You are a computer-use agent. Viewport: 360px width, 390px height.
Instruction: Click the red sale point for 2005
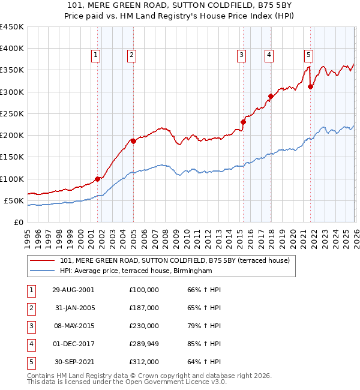(133, 141)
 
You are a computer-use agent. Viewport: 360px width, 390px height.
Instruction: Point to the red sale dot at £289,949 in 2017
(271, 96)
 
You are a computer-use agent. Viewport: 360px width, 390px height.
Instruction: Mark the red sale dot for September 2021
(311, 86)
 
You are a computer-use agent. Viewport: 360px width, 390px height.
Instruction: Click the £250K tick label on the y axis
(12, 113)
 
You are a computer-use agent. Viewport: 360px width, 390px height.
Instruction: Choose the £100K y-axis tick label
(12, 179)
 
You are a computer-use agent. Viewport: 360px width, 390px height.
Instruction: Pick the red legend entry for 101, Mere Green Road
(175, 260)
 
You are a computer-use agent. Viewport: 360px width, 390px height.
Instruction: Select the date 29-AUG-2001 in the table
(73, 290)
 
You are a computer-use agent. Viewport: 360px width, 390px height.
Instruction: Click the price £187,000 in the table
(144, 308)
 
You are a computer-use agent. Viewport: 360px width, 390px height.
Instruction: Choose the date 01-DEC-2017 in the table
(73, 344)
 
